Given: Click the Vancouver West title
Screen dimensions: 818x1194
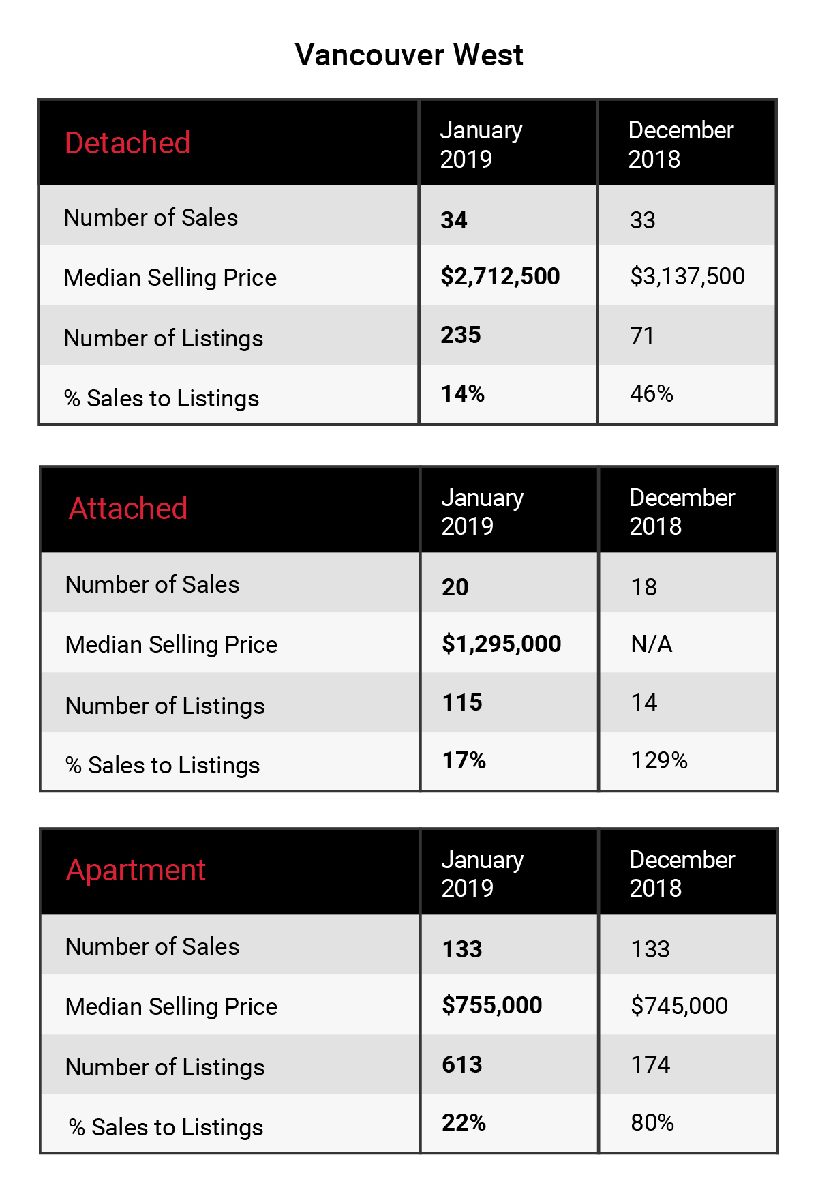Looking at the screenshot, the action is [x=409, y=55].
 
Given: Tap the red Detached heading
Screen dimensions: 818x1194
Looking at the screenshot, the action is [x=127, y=143].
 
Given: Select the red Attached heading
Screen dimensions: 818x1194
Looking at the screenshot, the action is [x=128, y=509].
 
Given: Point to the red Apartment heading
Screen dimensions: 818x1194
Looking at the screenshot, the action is [x=136, y=871].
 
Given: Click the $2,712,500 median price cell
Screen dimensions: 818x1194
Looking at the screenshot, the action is [x=500, y=276].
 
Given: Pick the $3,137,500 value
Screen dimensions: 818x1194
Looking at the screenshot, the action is [x=687, y=276].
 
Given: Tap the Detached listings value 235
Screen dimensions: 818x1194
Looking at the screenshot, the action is [x=461, y=335].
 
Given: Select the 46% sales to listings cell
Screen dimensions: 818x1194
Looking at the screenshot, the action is [x=652, y=393].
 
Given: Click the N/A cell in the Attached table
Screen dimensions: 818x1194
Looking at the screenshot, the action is [x=652, y=644].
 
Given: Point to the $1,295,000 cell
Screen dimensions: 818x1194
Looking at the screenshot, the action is [x=502, y=644].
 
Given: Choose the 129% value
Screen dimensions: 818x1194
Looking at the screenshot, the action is [x=659, y=760].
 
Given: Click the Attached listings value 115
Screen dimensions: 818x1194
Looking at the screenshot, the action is [x=462, y=702].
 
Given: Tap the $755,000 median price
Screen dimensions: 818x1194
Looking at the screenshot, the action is [x=492, y=1005].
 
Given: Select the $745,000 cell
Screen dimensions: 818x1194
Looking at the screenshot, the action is [x=679, y=1006].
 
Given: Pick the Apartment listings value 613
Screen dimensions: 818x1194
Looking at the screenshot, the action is [x=462, y=1064].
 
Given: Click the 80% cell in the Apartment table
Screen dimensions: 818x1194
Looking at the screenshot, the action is [x=652, y=1122].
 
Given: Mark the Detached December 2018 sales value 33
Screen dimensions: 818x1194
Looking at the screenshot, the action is [x=643, y=220].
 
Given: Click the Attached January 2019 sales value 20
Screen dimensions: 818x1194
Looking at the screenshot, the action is [x=455, y=587].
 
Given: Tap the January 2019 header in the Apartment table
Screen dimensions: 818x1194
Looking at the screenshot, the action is [x=483, y=874].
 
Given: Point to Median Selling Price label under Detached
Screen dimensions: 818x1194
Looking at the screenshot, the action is [x=170, y=278].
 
